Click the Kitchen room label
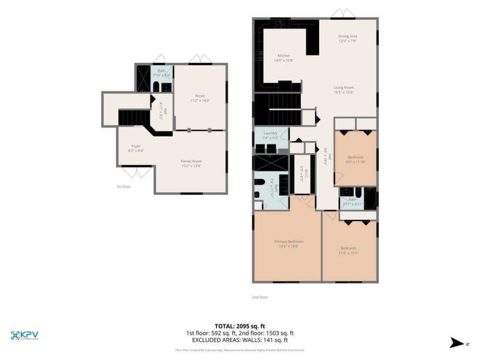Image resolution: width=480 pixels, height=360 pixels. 284,58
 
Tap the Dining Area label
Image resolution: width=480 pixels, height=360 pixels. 348,38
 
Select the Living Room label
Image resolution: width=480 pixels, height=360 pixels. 344,90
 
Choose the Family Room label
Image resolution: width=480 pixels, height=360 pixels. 191,163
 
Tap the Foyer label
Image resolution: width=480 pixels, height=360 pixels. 136,148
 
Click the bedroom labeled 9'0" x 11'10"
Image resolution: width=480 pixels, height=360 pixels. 355,159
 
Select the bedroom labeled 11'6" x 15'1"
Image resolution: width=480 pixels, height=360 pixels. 348,250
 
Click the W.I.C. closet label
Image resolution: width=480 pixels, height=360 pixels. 303,173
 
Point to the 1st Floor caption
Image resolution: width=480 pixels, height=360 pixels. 124,187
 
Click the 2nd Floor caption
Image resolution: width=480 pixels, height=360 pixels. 260,297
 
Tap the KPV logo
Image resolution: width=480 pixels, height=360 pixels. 24,335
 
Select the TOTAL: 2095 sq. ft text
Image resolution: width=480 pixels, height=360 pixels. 240,326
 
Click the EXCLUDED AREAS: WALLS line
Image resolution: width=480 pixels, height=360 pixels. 240,340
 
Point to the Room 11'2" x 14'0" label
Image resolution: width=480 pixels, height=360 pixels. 200,98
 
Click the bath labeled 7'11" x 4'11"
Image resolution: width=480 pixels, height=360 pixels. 352,202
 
